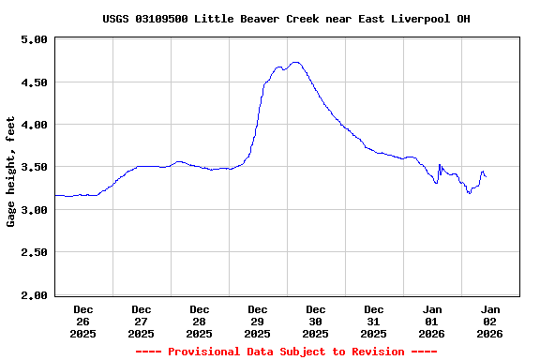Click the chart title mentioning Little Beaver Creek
point(286,19)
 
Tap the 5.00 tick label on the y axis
point(34,39)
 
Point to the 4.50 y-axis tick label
point(34,82)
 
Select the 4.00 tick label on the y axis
point(34,125)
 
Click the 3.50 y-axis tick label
point(34,168)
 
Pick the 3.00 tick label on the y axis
point(34,210)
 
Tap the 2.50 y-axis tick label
point(34,253)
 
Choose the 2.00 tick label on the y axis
point(34,295)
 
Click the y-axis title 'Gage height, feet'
point(11,172)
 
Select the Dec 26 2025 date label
point(83,321)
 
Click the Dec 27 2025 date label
point(142,321)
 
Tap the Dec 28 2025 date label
point(200,321)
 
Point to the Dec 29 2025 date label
point(258,321)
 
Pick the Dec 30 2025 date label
point(316,321)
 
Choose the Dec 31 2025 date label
point(374,321)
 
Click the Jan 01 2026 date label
point(432,321)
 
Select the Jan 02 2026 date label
point(490,321)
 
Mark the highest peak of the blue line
point(296,63)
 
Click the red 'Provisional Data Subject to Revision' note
point(286,352)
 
